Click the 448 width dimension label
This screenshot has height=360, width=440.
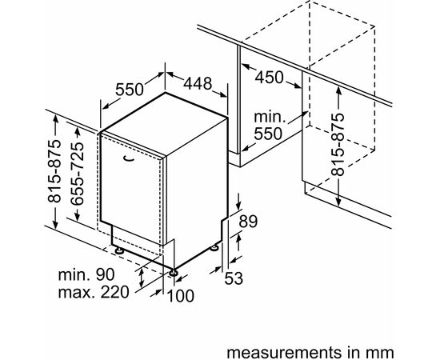(x=198, y=83)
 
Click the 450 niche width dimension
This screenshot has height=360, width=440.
(x=270, y=78)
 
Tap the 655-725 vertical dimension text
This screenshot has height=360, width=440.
(x=76, y=174)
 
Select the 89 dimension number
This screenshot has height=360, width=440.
(x=248, y=221)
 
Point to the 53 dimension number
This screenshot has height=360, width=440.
(x=234, y=278)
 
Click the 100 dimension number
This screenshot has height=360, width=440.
(x=181, y=296)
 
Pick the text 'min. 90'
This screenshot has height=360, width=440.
(x=86, y=274)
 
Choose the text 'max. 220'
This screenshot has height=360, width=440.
(x=94, y=292)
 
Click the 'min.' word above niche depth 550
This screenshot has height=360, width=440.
(x=270, y=117)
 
